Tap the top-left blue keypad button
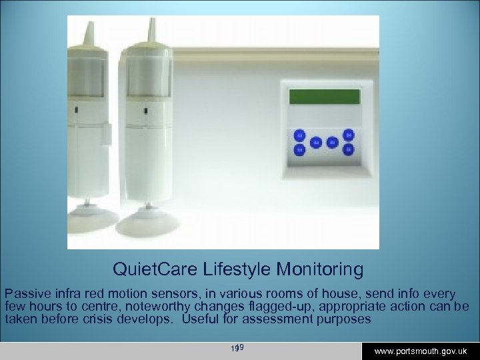[299, 136]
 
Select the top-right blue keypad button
[348, 136]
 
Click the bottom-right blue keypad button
[348, 150]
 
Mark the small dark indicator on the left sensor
[78, 109]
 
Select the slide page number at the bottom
[237, 348]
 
